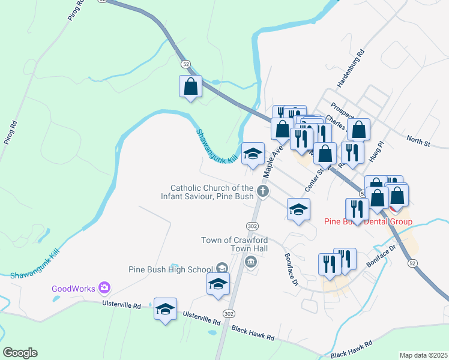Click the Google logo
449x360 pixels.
pos(20,353)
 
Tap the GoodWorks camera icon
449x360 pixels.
pos(104,288)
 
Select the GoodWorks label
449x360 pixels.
pos(73,289)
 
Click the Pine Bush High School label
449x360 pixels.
pos(170,269)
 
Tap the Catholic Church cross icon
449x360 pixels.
pos(262,191)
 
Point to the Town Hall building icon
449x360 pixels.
pos(250,261)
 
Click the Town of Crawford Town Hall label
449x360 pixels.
pos(235,244)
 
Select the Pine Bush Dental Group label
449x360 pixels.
pos(368,221)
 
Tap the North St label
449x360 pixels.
pos(418,142)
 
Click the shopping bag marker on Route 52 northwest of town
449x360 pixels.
pos(190,86)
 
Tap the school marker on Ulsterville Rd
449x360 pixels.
pos(165,309)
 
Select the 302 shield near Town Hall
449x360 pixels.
pos(252,225)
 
